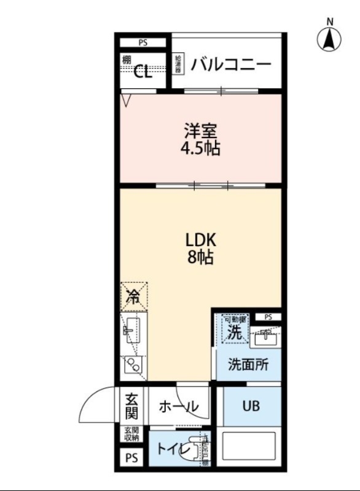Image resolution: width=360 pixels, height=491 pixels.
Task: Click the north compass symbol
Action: [330, 39]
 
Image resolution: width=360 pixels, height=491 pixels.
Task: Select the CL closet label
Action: [143, 72]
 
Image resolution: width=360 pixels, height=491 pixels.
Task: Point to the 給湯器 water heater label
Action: [179, 64]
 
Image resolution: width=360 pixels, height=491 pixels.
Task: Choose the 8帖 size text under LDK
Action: [200, 258]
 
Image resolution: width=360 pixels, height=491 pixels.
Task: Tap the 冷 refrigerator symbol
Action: [133, 296]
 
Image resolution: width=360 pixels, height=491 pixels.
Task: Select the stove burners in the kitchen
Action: [133, 366]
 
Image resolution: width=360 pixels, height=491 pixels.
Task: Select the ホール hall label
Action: [178, 406]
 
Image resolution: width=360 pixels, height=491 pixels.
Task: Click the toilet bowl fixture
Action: [197, 450]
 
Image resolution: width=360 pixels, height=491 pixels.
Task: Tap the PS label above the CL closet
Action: [143, 43]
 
